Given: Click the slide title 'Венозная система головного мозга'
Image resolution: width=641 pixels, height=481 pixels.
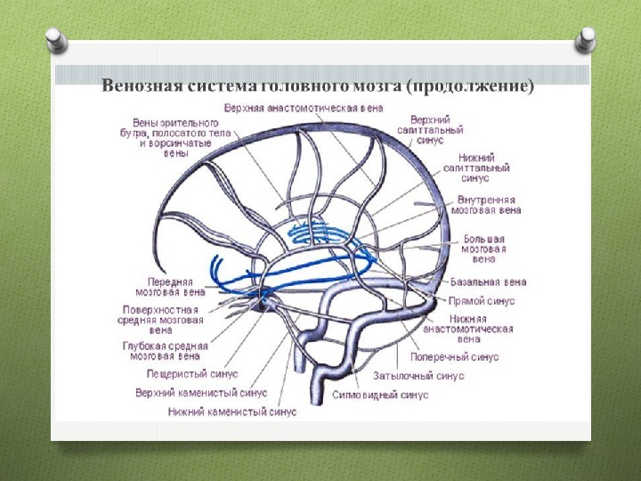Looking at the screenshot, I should [x=318, y=86].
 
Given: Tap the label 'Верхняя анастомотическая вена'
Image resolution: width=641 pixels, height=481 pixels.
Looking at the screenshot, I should [x=304, y=108].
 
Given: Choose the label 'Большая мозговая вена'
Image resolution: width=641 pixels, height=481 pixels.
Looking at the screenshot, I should [x=483, y=249].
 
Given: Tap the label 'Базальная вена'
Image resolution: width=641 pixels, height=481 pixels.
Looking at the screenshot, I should [x=488, y=282].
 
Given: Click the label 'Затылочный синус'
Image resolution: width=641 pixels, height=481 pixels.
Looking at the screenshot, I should [x=418, y=376].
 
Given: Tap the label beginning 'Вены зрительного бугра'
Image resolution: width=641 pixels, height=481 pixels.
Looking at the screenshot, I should [x=180, y=137].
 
